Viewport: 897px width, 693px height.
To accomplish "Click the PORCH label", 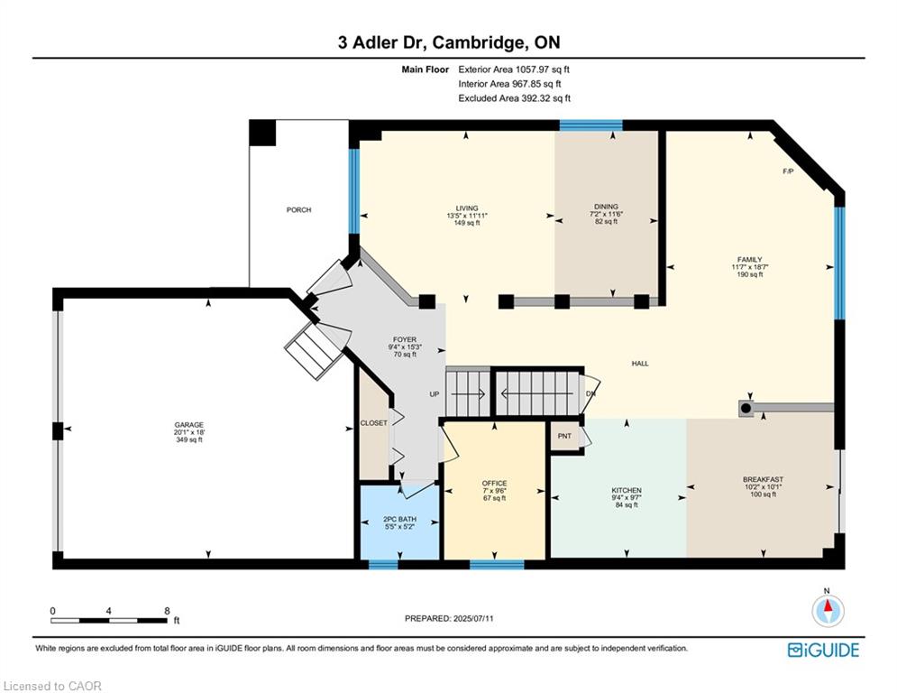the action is (x=298, y=210).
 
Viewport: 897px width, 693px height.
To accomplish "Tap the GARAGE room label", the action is (x=188, y=425).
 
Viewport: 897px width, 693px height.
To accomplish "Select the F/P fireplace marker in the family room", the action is (x=788, y=171).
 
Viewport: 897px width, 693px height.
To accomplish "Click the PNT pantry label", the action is (x=564, y=436).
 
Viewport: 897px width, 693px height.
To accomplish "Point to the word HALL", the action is (x=640, y=363).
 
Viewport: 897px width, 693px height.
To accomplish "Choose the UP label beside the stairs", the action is (x=435, y=394).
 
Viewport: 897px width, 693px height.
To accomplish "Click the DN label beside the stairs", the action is (x=591, y=393).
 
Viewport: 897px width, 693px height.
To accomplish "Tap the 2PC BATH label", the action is (x=400, y=519).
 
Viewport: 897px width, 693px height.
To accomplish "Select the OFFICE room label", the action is (x=494, y=483).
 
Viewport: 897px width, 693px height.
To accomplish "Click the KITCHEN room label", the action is (x=627, y=490).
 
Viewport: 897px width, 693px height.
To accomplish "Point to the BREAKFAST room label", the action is (x=764, y=479).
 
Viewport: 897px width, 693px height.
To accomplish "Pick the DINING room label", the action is (x=606, y=206).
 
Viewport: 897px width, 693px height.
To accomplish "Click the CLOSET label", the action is (x=373, y=422).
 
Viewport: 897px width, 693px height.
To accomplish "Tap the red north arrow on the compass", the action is (x=828, y=605).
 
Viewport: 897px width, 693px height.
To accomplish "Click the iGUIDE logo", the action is (x=823, y=650).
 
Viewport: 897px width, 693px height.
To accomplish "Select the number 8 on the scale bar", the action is (x=167, y=611).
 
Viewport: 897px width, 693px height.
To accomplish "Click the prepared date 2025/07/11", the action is (x=472, y=618).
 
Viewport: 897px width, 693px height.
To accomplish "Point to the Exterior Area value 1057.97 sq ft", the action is (x=543, y=69).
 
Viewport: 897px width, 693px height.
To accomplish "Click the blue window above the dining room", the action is (x=590, y=125).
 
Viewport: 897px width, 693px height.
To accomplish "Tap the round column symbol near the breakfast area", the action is (x=746, y=409).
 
